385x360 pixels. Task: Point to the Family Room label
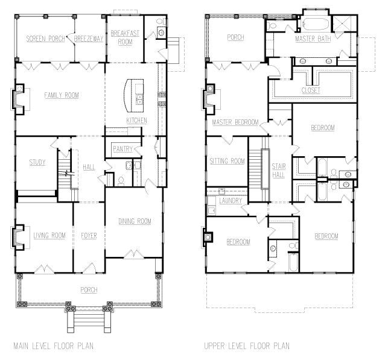(62, 95)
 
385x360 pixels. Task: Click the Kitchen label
(136, 121)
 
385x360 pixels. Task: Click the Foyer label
(89, 235)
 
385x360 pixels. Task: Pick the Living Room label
(49, 235)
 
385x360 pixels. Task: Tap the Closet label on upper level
(311, 90)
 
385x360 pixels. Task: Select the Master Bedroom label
(235, 123)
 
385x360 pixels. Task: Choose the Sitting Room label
(227, 161)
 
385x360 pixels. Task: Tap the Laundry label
(231, 201)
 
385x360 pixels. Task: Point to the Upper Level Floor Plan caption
(247, 346)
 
